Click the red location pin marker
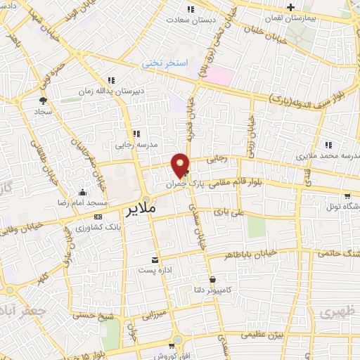click(181, 164)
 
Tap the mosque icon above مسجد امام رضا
click(83, 192)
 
